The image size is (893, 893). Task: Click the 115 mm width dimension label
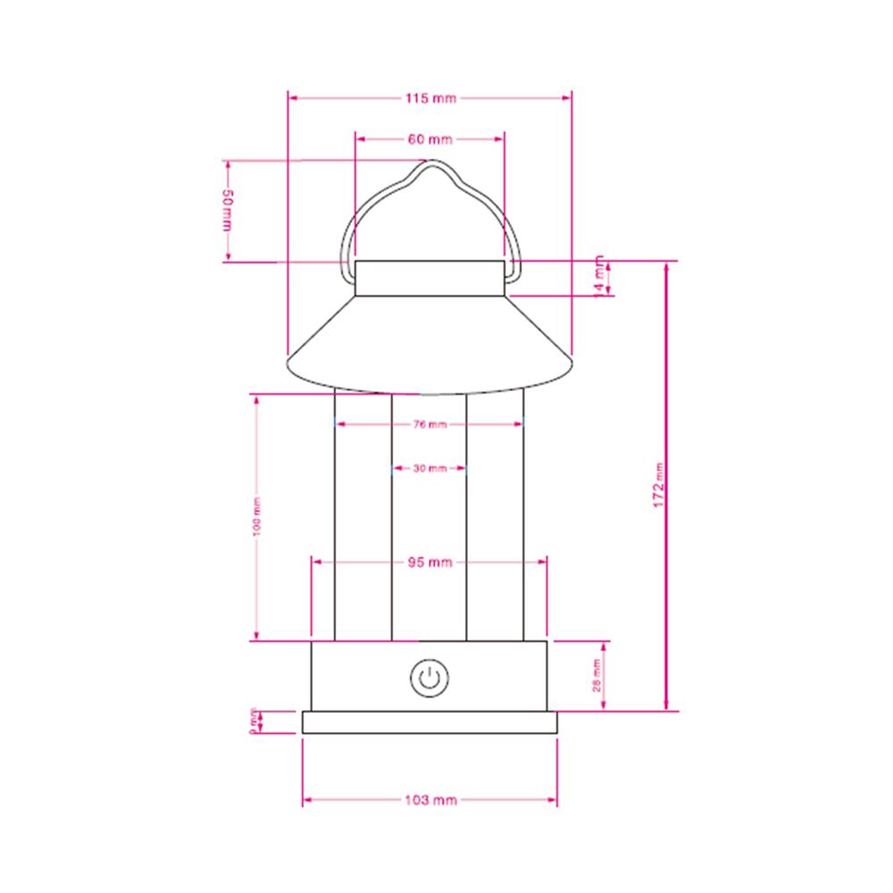pyautogui.click(x=430, y=98)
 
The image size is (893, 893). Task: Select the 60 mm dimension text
pyautogui.click(x=430, y=139)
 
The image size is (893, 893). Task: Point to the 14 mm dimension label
pyautogui.click(x=598, y=279)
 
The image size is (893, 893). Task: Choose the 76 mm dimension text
pyautogui.click(x=430, y=425)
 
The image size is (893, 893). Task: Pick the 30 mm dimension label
pyautogui.click(x=430, y=468)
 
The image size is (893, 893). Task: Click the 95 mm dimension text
pyautogui.click(x=430, y=562)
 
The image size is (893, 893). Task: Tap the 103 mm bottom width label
pyautogui.click(x=430, y=800)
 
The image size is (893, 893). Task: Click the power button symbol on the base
pyautogui.click(x=430, y=678)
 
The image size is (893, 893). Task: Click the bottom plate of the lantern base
pyautogui.click(x=430, y=722)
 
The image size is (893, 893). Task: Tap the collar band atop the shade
pyautogui.click(x=430, y=278)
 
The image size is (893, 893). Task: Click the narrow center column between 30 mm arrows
pyautogui.click(x=430, y=536)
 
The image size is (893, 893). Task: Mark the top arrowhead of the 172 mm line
pyautogui.click(x=666, y=266)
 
